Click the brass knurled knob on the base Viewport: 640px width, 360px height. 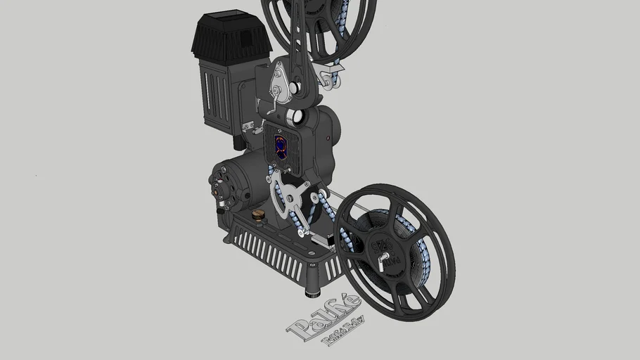pyautogui.click(x=258, y=214)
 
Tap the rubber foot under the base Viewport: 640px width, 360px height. pyautogui.click(x=312, y=290)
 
